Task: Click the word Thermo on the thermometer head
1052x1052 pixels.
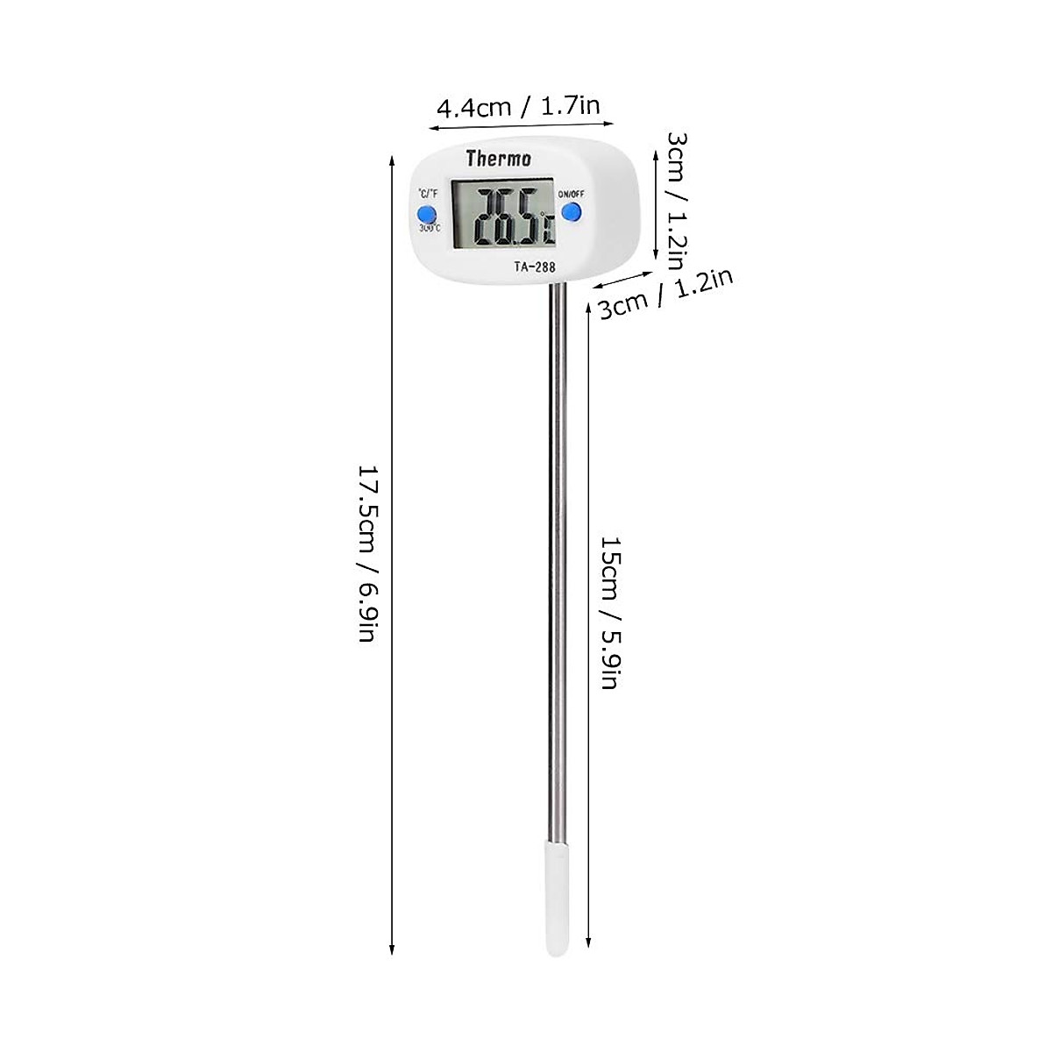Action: [x=498, y=159]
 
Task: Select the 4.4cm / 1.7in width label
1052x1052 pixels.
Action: [x=518, y=107]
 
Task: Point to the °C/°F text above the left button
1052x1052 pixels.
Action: [x=428, y=194]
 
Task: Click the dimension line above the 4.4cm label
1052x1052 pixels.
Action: [x=520, y=126]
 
